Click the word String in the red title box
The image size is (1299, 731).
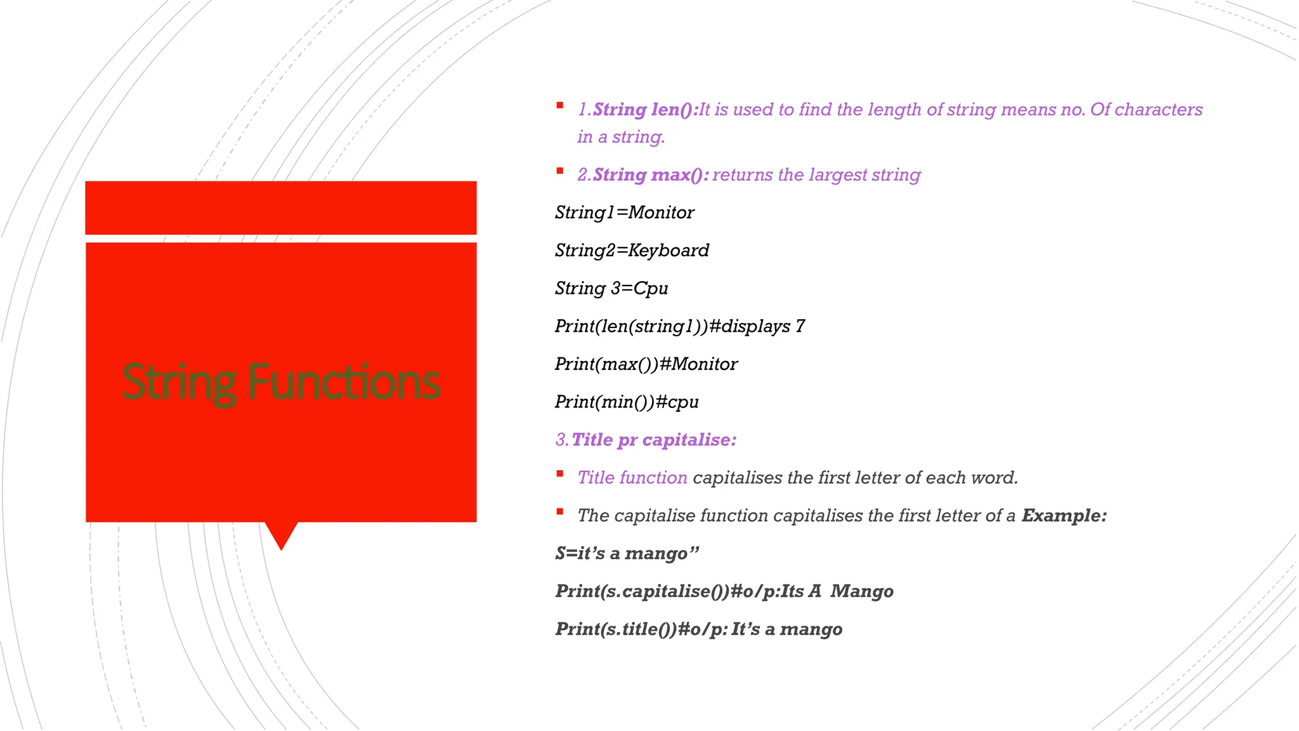click(180, 382)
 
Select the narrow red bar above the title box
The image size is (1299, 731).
click(280, 207)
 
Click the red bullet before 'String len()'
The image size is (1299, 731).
click(560, 105)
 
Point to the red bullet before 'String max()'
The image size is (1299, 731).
click(560, 171)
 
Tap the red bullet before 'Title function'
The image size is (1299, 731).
click(560, 473)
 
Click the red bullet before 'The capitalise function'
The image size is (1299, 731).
click(560, 511)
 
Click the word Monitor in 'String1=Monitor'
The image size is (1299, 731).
click(661, 213)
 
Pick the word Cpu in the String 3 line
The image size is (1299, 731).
click(651, 289)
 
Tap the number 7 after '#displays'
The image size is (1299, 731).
click(800, 326)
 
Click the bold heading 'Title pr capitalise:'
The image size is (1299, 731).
click(654, 440)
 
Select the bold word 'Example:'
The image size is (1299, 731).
click(1064, 515)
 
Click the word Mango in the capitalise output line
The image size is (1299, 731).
click(862, 591)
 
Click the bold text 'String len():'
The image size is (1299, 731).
click(646, 110)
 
